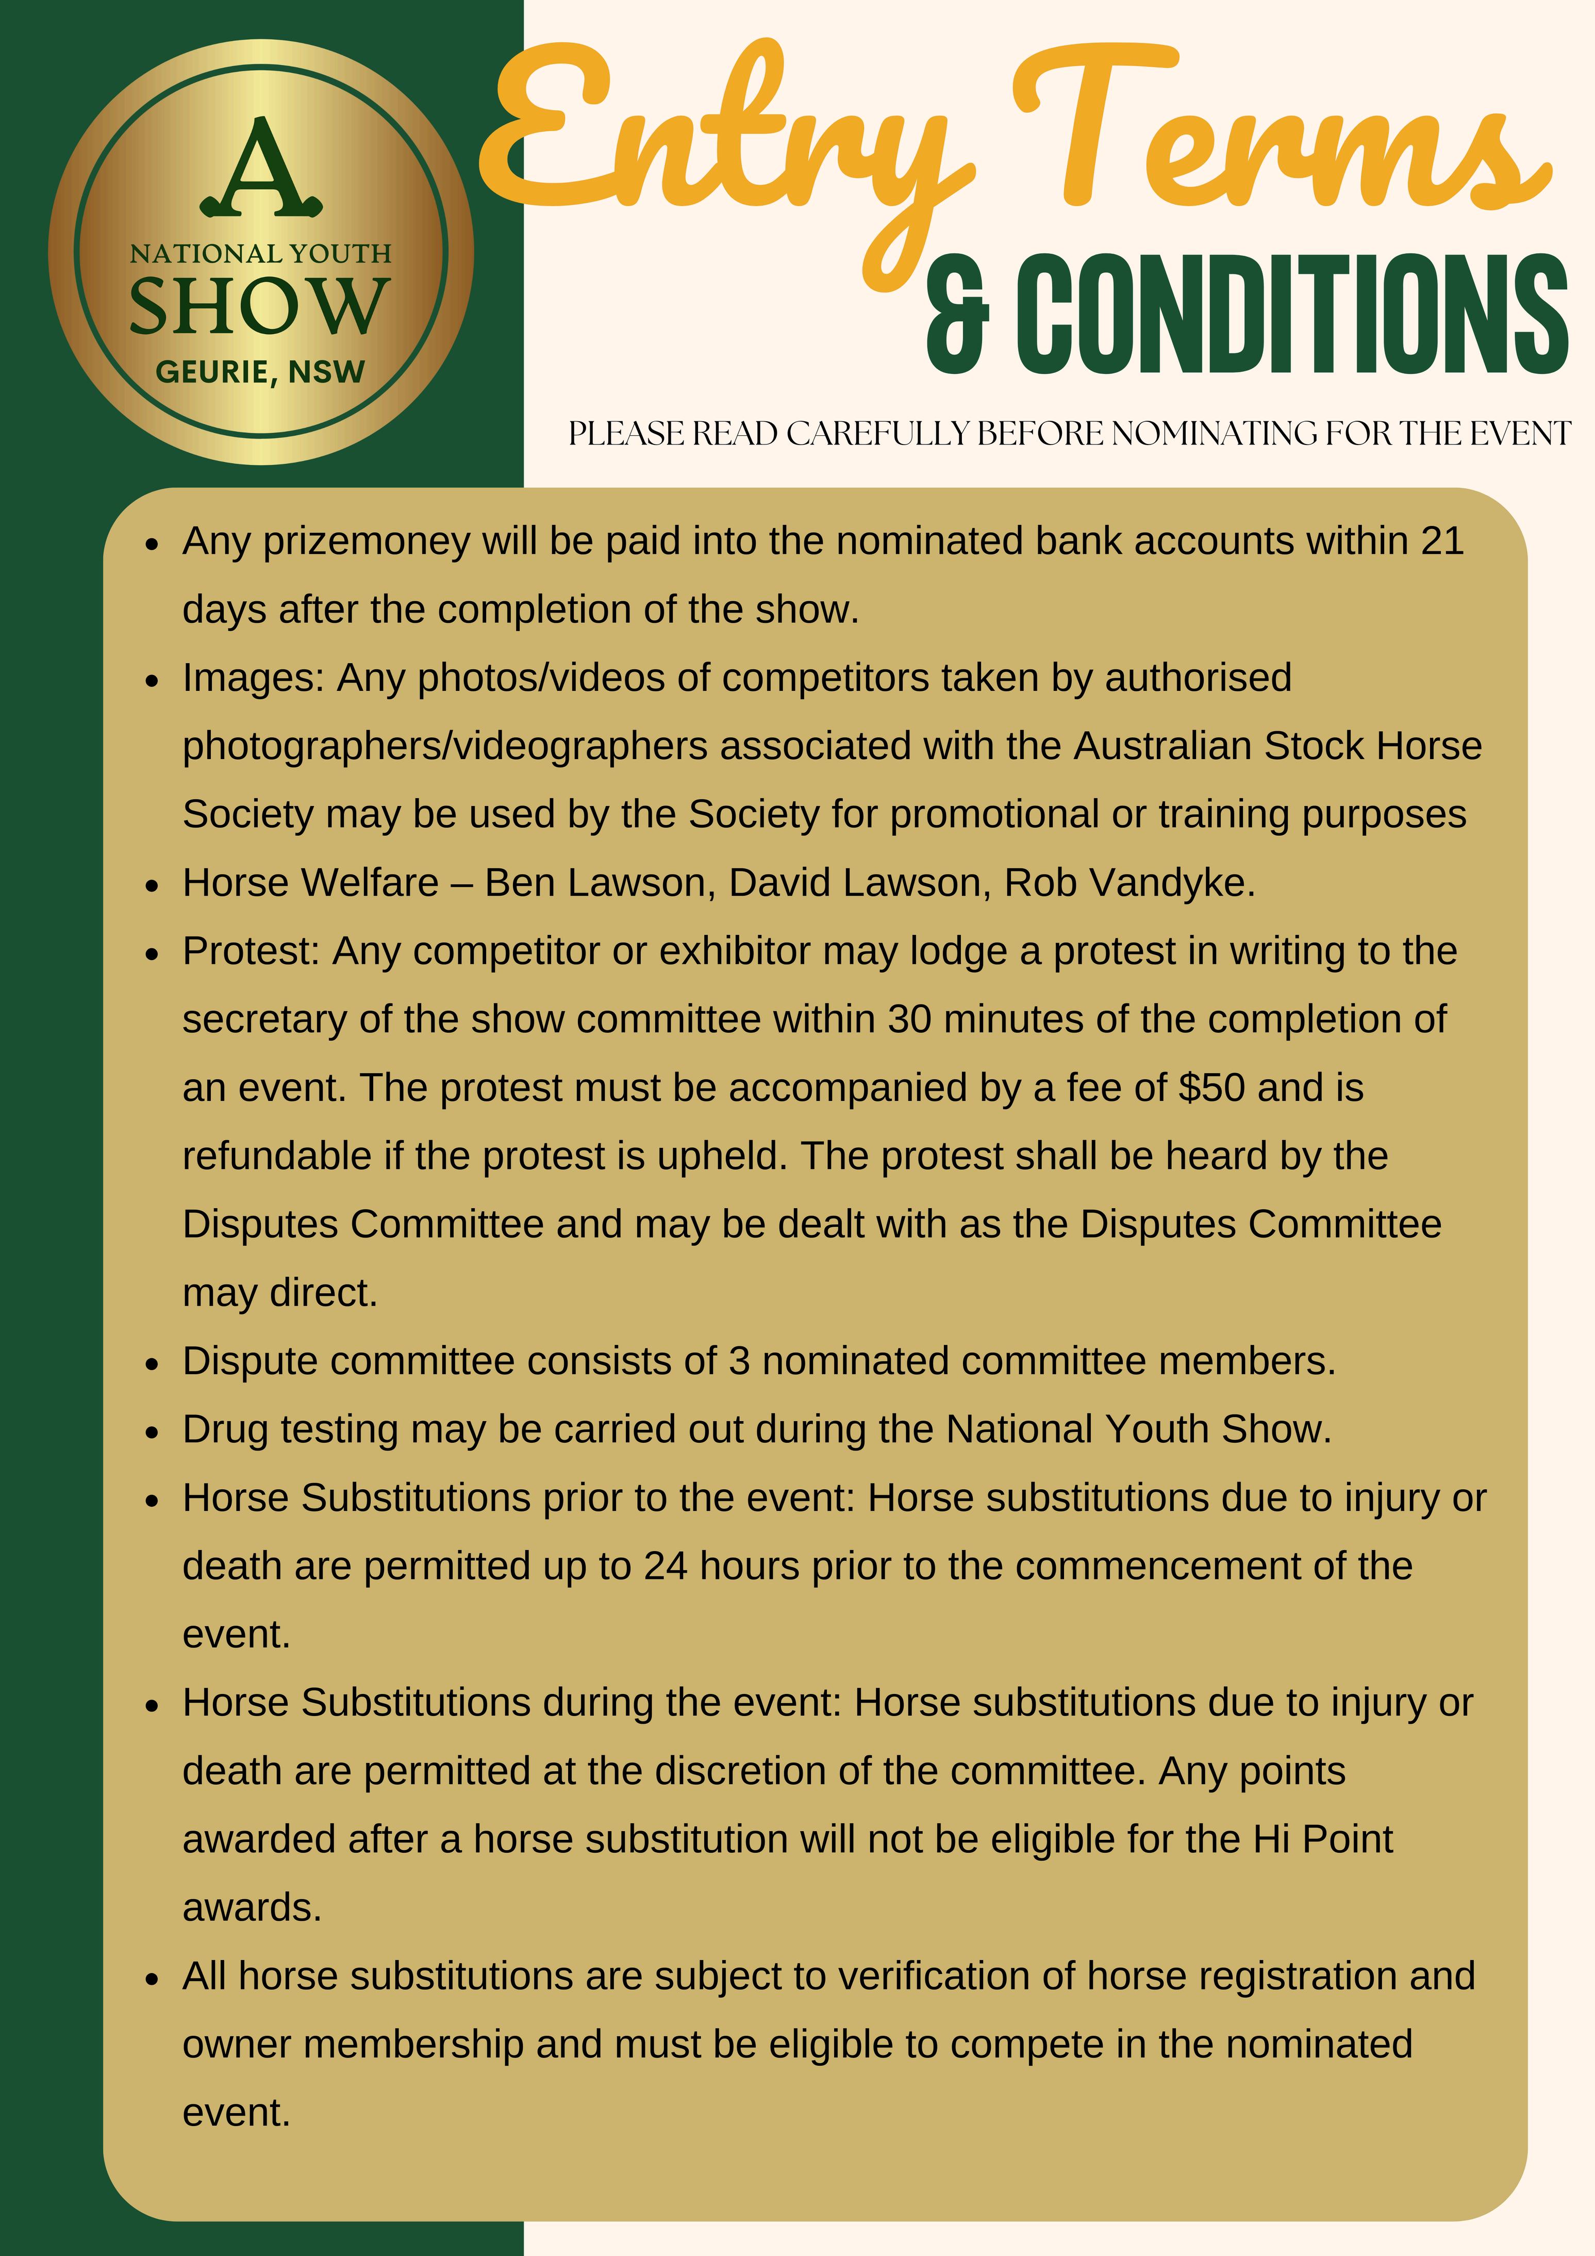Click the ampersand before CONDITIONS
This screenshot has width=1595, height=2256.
point(958,317)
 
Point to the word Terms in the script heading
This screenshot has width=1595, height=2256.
point(1277,138)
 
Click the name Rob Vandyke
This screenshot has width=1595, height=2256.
point(1129,882)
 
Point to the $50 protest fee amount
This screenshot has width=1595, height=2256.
point(1211,1088)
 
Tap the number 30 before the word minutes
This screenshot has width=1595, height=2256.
point(909,1019)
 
